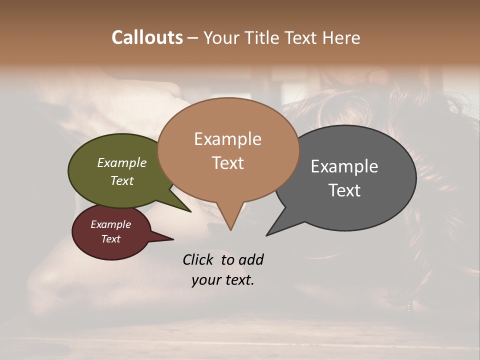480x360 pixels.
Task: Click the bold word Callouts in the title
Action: point(147,37)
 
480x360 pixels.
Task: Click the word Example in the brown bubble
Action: point(227,139)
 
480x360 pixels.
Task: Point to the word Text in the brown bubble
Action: point(227,163)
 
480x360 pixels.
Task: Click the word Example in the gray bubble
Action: point(344,166)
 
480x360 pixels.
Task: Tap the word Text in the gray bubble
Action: point(344,190)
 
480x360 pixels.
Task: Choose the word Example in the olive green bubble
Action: point(121,163)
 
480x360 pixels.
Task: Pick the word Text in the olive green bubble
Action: point(121,181)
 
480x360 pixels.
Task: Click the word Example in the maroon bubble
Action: point(110,224)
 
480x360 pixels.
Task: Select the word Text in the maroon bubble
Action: point(110,239)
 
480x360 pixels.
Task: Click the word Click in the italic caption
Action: point(198,259)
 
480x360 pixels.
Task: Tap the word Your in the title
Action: point(221,37)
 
